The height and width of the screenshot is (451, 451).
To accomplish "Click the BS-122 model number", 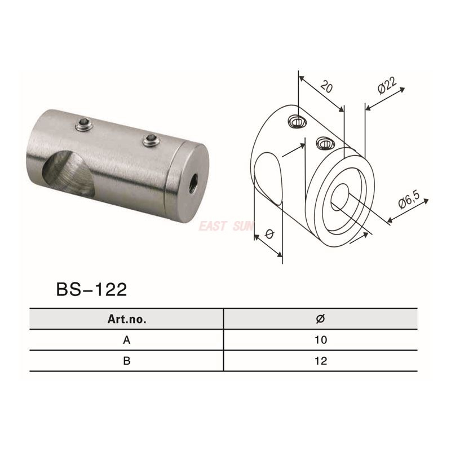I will click(x=91, y=289).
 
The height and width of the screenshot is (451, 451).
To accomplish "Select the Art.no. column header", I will click(x=127, y=319).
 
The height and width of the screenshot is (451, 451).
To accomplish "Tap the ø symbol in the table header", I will click(x=320, y=319).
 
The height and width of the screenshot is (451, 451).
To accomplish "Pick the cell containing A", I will click(x=127, y=340).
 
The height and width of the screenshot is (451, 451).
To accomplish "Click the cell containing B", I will click(x=127, y=361).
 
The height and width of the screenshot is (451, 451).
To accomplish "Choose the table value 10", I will click(x=320, y=340).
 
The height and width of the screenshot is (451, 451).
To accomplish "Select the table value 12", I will click(x=320, y=361).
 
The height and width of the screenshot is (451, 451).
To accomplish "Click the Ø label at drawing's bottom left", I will click(x=269, y=233).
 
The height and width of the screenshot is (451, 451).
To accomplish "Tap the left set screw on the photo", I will click(x=84, y=124).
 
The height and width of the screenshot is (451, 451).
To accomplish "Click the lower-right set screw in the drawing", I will click(x=325, y=143).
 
